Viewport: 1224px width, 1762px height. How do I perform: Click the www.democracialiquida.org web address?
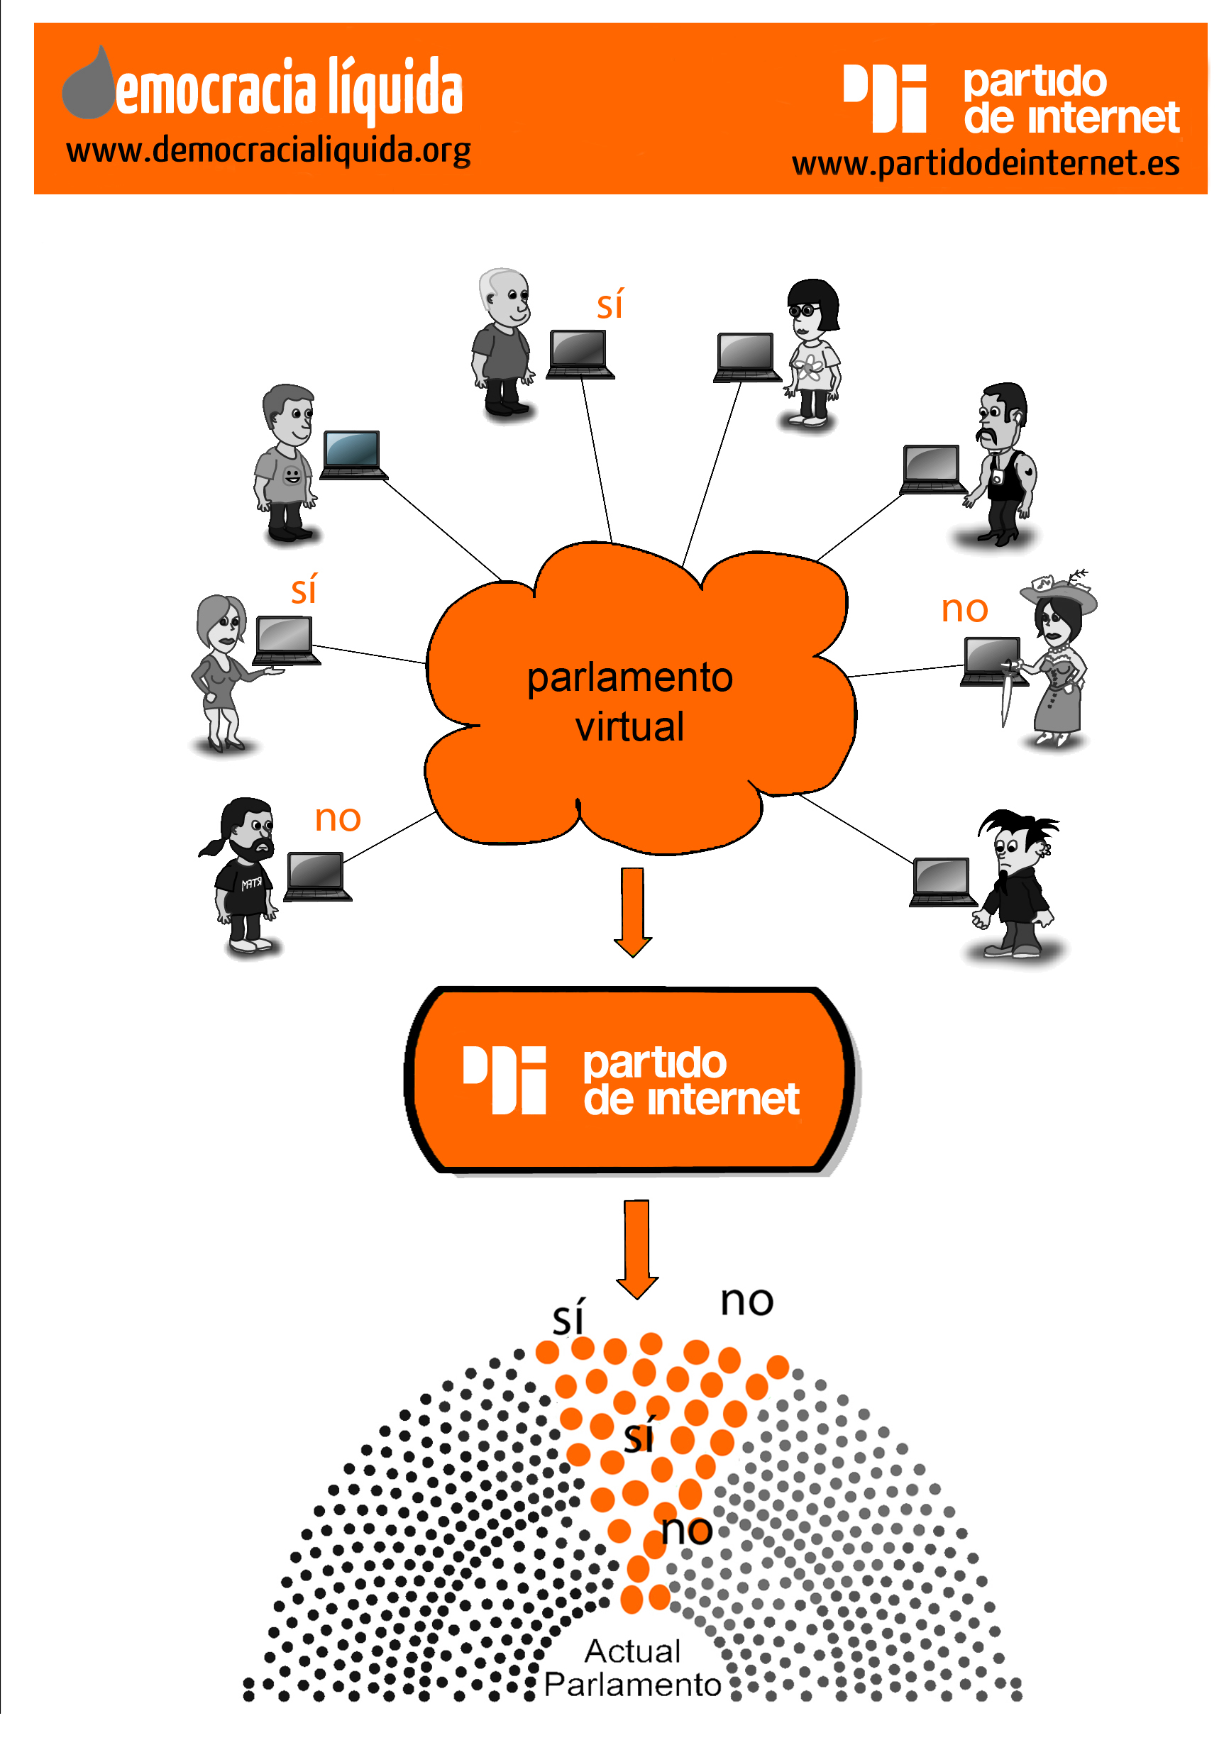pos(268,151)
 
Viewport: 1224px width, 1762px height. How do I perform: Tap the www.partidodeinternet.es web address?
pos(985,164)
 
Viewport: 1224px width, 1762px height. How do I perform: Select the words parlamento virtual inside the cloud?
pos(629,702)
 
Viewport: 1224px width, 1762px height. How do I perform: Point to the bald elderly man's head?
pos(504,294)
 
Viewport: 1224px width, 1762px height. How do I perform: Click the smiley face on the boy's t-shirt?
pos(292,476)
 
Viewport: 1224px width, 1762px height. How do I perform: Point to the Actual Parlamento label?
pos(633,1668)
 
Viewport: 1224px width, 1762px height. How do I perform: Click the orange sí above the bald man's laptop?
pos(610,305)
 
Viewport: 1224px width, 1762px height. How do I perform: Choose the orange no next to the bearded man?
pos(338,819)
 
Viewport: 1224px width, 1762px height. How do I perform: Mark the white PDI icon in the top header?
pos(885,98)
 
